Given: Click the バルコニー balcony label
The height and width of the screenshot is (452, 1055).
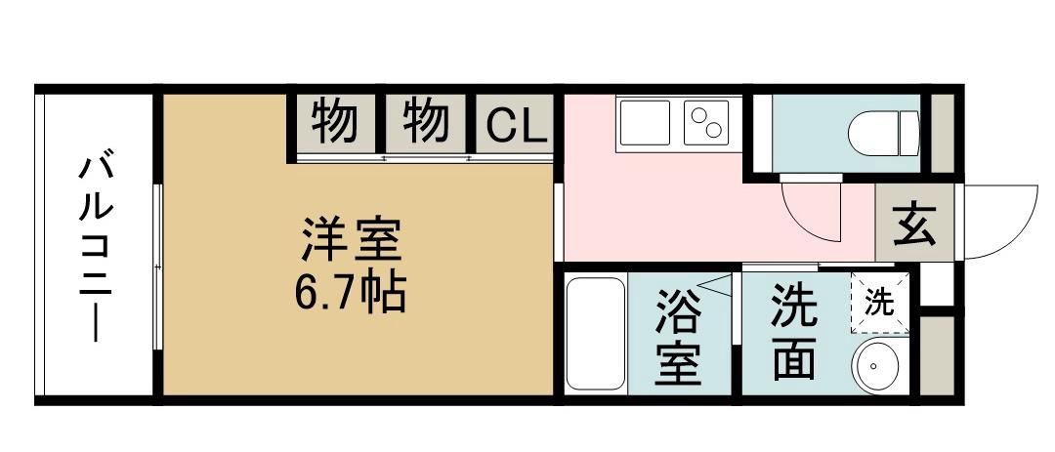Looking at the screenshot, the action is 96,249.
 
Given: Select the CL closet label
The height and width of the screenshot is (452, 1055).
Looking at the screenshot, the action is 516,124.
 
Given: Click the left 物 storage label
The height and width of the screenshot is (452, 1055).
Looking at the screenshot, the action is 334,122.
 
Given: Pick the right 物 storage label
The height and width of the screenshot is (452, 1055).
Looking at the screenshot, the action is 426,122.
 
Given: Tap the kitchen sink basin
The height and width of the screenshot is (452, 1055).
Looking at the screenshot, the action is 645,122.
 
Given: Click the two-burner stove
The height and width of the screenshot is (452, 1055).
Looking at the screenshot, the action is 706,122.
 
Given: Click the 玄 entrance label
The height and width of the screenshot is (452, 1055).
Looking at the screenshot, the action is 914,224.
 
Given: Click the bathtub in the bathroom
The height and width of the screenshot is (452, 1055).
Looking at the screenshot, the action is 596,334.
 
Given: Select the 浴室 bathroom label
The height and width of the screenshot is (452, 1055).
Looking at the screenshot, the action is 678,336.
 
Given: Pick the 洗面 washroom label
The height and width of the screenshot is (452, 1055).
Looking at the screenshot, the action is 794,332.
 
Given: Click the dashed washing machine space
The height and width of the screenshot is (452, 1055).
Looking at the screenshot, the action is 880,303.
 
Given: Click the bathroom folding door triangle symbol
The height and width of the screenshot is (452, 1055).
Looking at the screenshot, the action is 714,284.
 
